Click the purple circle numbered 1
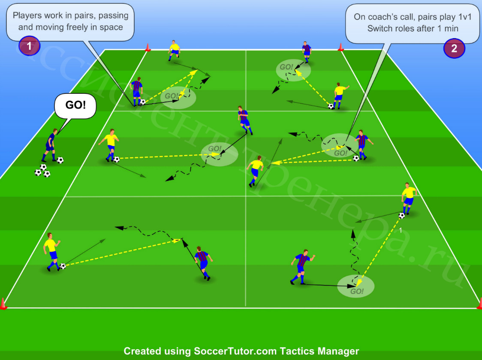coord(29,46)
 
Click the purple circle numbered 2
coord(454,48)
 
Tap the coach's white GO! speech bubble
coord(75,106)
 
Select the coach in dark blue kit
coord(50,145)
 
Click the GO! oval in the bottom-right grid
coord(355,287)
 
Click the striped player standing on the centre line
coord(245,120)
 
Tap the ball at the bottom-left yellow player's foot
coord(63,266)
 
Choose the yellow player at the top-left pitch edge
coord(174,51)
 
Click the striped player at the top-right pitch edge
coord(307,52)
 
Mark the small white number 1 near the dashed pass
coord(400,230)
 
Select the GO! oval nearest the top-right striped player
coord(293,70)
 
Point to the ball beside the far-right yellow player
coord(401,216)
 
